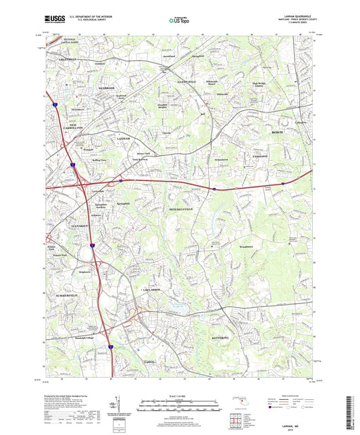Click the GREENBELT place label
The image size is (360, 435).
(56, 59)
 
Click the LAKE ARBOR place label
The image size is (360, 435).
(155, 290)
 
